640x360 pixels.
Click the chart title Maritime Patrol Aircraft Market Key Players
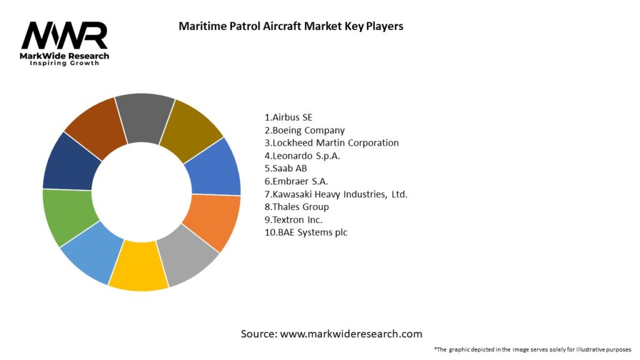point(291,26)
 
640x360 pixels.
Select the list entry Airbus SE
point(289,117)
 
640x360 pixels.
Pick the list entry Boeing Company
point(304,130)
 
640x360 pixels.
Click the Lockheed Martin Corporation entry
point(331,143)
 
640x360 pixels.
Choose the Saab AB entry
point(286,168)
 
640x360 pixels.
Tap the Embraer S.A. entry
point(296,181)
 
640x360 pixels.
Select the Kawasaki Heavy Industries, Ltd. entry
point(336,194)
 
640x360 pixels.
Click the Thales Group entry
point(297,207)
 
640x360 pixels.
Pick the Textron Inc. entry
point(294,219)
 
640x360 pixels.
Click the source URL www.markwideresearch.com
point(351,334)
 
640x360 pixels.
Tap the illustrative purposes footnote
point(532,349)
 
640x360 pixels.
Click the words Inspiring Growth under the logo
point(64,63)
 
